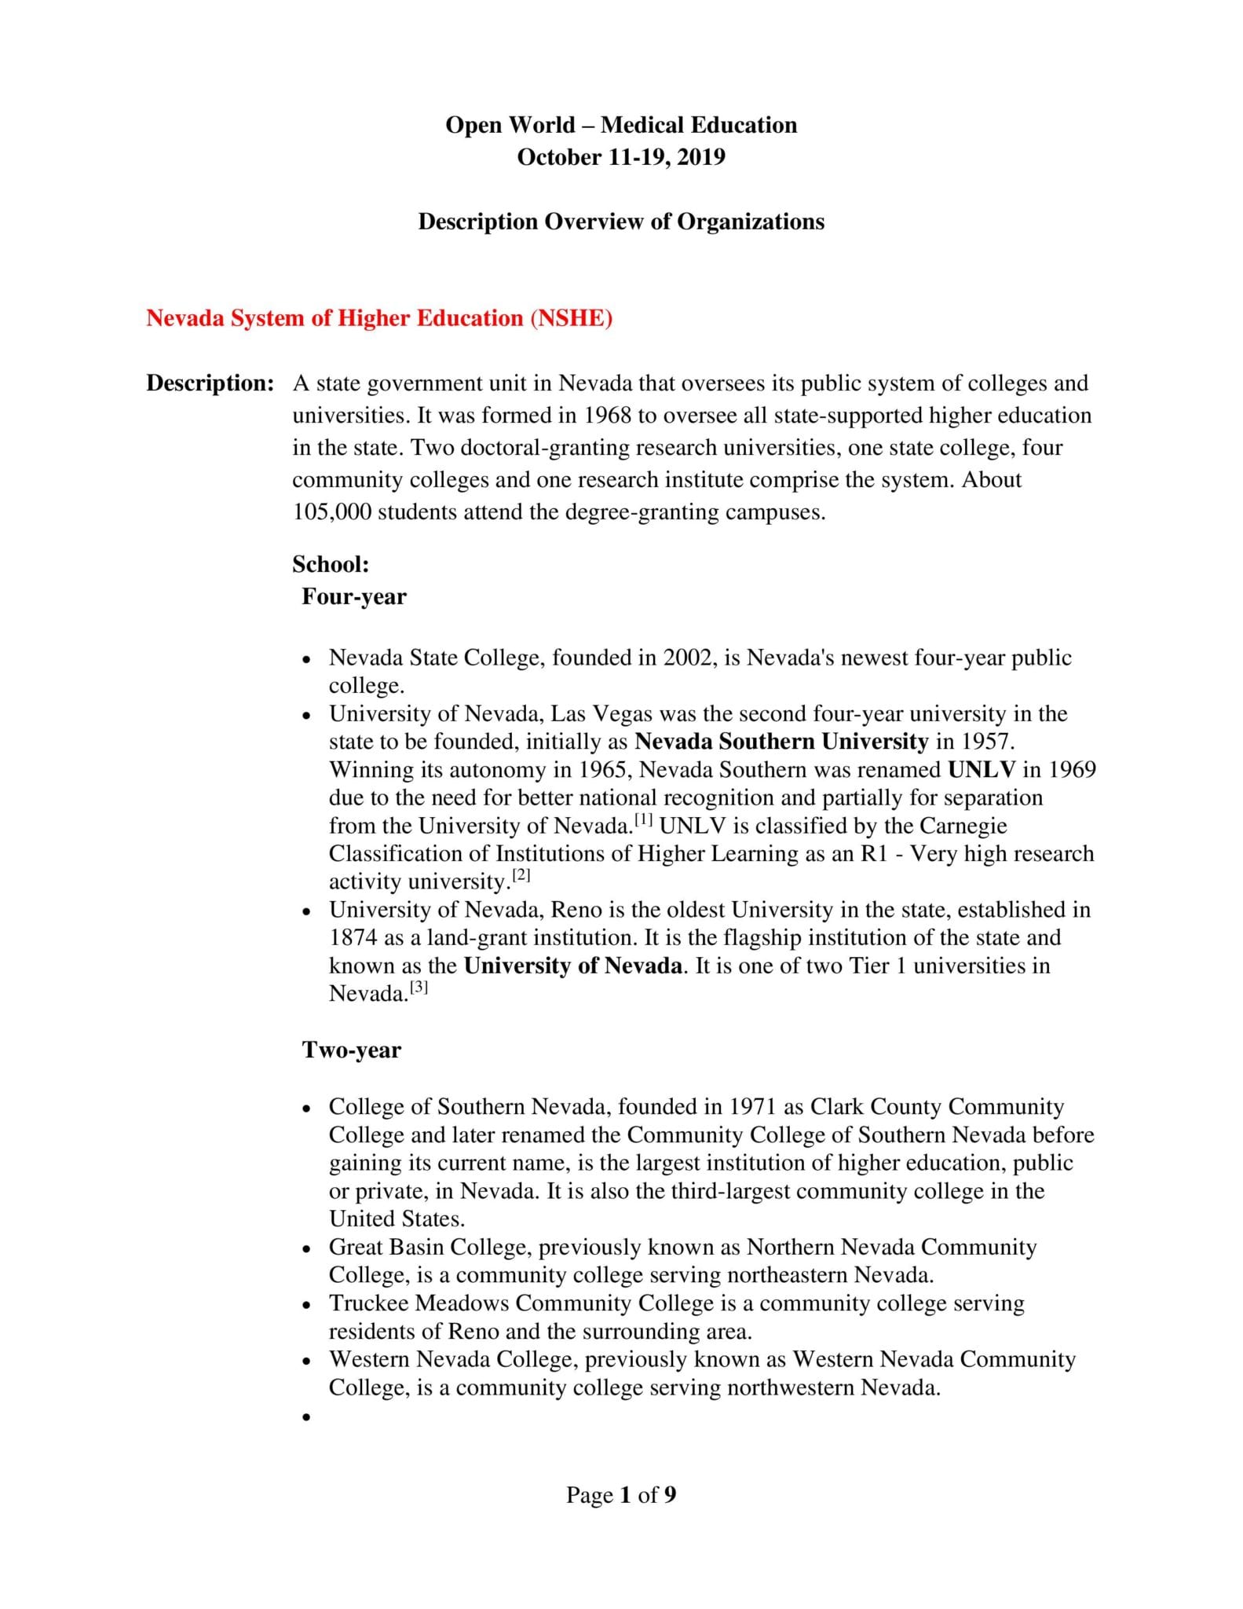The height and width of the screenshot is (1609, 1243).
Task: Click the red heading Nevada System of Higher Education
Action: coord(378,318)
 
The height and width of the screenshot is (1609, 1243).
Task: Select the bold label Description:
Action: coord(210,383)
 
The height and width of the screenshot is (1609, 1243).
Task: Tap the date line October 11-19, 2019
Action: coord(620,157)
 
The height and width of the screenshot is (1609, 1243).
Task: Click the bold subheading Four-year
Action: coord(353,596)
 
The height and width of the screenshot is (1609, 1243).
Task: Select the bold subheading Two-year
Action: coord(351,1050)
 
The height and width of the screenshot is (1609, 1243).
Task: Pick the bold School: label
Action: coord(331,564)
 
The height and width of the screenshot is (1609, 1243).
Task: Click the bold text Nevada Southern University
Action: coord(781,742)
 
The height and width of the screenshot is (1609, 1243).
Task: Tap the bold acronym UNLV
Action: coord(982,769)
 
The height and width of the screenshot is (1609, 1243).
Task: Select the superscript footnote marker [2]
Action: coord(521,876)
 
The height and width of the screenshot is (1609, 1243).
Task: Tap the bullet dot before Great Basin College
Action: coord(306,1249)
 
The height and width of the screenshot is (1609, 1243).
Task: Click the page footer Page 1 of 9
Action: coord(620,1494)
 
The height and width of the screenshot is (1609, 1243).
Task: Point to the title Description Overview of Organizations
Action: coord(620,222)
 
